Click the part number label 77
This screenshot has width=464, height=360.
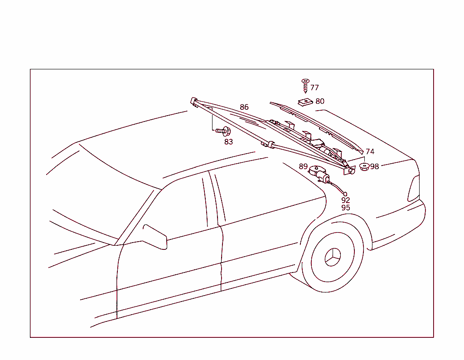(314, 88)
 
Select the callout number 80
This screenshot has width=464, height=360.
(320, 101)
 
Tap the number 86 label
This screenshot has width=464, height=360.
(244, 107)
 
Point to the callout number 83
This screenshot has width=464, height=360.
(228, 142)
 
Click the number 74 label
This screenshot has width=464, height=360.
(370, 151)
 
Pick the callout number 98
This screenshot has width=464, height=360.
(374, 166)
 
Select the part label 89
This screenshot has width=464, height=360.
(303, 166)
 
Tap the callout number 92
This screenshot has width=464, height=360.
(346, 200)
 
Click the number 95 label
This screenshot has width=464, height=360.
(346, 208)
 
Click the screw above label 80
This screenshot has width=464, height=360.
(305, 86)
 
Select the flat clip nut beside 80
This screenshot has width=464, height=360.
(305, 102)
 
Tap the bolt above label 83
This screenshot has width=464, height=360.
(223, 131)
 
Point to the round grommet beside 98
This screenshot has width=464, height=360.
(364, 166)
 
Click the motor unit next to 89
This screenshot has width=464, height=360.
(319, 174)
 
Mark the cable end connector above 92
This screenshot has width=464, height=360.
(345, 194)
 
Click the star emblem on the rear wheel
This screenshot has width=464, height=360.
(333, 257)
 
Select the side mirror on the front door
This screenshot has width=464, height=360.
(155, 237)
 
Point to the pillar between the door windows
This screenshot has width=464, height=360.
(214, 198)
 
